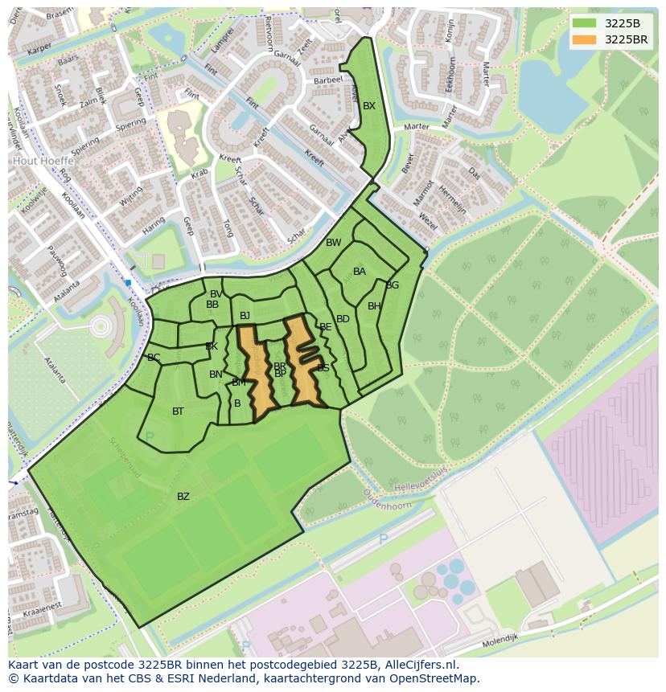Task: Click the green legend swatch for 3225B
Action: [x=585, y=23]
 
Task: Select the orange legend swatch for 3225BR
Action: [x=585, y=39]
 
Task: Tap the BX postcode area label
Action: [x=369, y=106]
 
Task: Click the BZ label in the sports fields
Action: [x=183, y=497]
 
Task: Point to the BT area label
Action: [x=178, y=412]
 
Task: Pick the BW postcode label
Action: [x=333, y=243]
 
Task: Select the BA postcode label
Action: [x=360, y=272]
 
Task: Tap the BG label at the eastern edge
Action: [x=393, y=285]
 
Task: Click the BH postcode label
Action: [x=374, y=306]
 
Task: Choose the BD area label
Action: [x=343, y=319]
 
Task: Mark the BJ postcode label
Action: [x=245, y=316]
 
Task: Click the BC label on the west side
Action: [x=154, y=358]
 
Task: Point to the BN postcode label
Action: [x=216, y=375]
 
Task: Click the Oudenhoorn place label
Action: [x=386, y=503]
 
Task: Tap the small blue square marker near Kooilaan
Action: [x=128, y=283]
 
